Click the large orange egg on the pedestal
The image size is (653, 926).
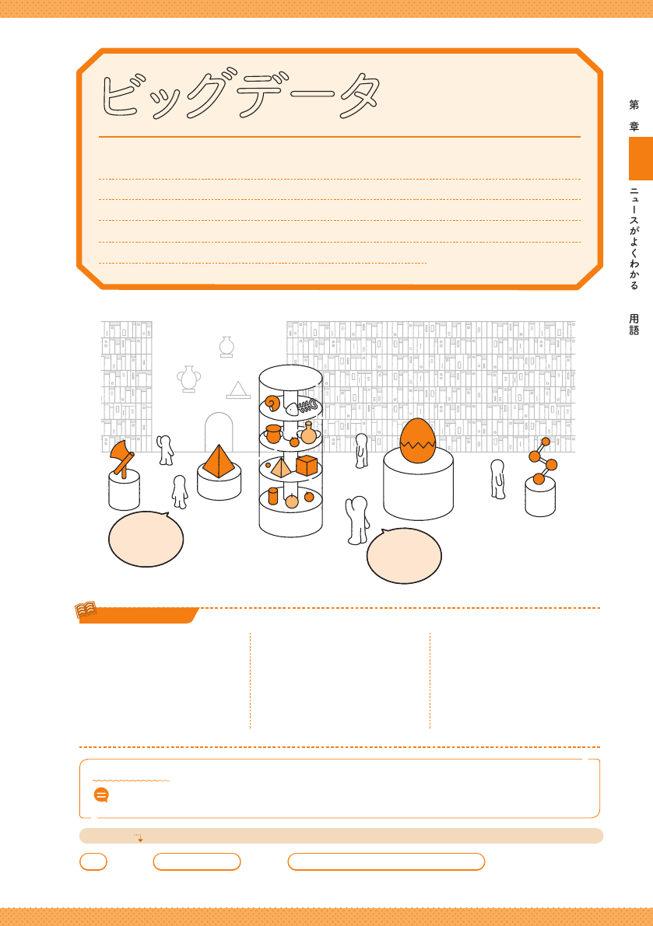[418, 441]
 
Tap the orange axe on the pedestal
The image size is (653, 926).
[122, 458]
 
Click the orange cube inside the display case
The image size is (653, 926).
[307, 466]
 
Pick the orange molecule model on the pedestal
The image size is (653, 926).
[543, 461]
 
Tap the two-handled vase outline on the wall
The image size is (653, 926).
[189, 379]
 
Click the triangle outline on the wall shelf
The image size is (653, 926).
[238, 390]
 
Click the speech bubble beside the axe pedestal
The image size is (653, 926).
[146, 539]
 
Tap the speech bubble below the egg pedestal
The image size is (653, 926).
[404, 556]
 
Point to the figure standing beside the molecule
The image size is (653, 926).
[497, 479]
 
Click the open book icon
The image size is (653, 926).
[86, 610]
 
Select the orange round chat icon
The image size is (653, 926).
[101, 795]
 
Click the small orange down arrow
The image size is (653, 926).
[139, 837]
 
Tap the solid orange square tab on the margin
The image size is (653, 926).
[641, 159]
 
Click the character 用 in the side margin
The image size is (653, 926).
[634, 319]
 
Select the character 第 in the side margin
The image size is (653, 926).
[634, 104]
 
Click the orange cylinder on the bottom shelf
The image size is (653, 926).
[273, 495]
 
